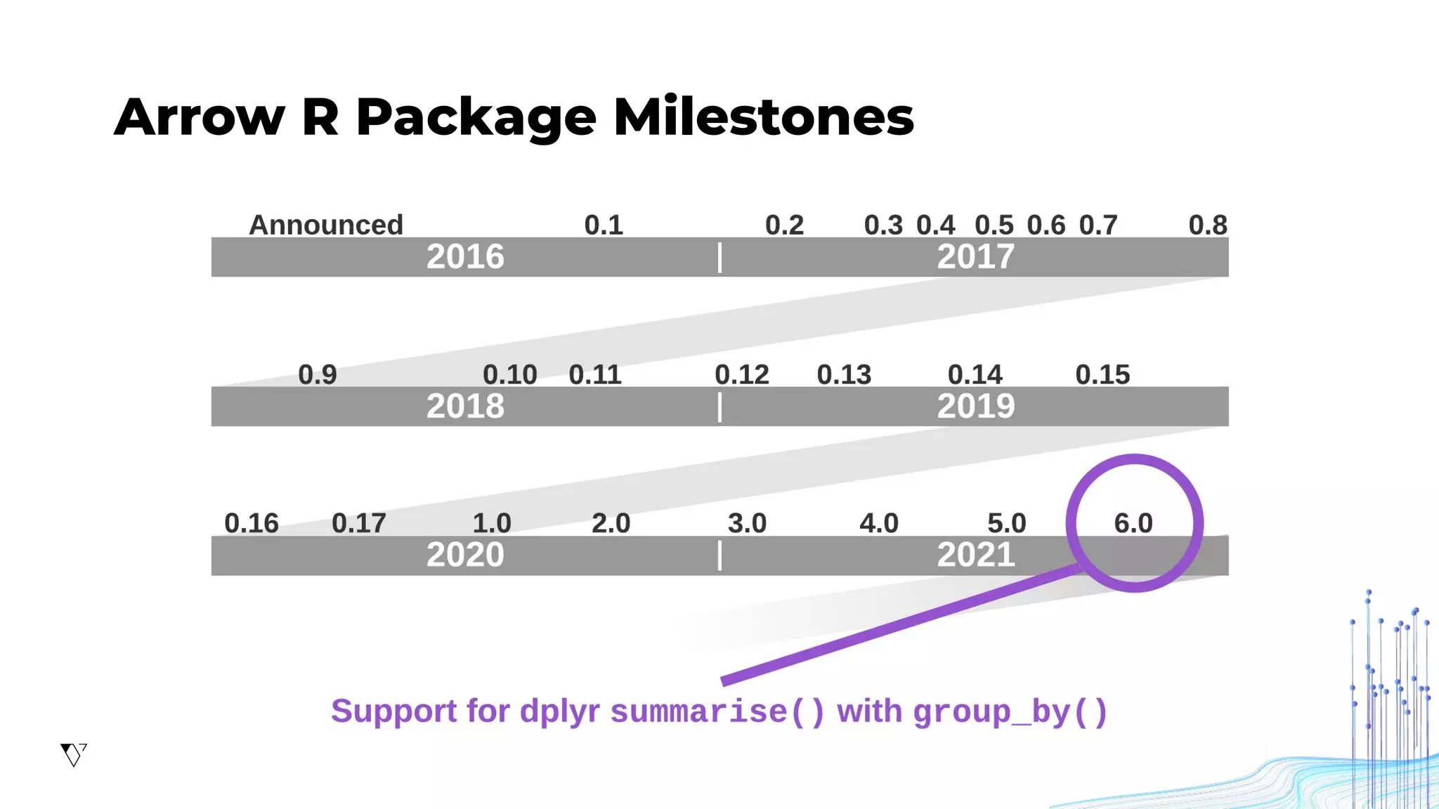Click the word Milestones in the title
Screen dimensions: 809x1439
point(764,117)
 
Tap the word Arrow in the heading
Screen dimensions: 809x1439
point(200,117)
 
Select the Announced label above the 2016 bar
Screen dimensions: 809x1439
point(326,225)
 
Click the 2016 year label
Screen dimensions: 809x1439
point(465,257)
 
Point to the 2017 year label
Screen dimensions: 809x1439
point(976,257)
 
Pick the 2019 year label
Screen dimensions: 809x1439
point(976,407)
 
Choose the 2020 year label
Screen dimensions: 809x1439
point(465,555)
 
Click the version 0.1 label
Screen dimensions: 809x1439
point(604,225)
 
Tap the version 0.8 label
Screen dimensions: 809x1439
point(1208,225)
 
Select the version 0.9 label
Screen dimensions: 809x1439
point(318,374)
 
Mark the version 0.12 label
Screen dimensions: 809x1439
point(742,374)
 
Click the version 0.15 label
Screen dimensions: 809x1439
point(1102,374)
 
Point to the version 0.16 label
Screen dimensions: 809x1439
point(252,523)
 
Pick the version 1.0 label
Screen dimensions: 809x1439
point(492,523)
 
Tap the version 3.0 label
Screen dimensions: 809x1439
point(747,523)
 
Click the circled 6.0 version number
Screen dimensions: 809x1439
point(1133,523)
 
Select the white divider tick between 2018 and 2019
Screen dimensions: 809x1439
point(720,407)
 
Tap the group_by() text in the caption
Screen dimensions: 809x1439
point(1010,712)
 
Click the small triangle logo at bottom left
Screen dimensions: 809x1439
point(73,755)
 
